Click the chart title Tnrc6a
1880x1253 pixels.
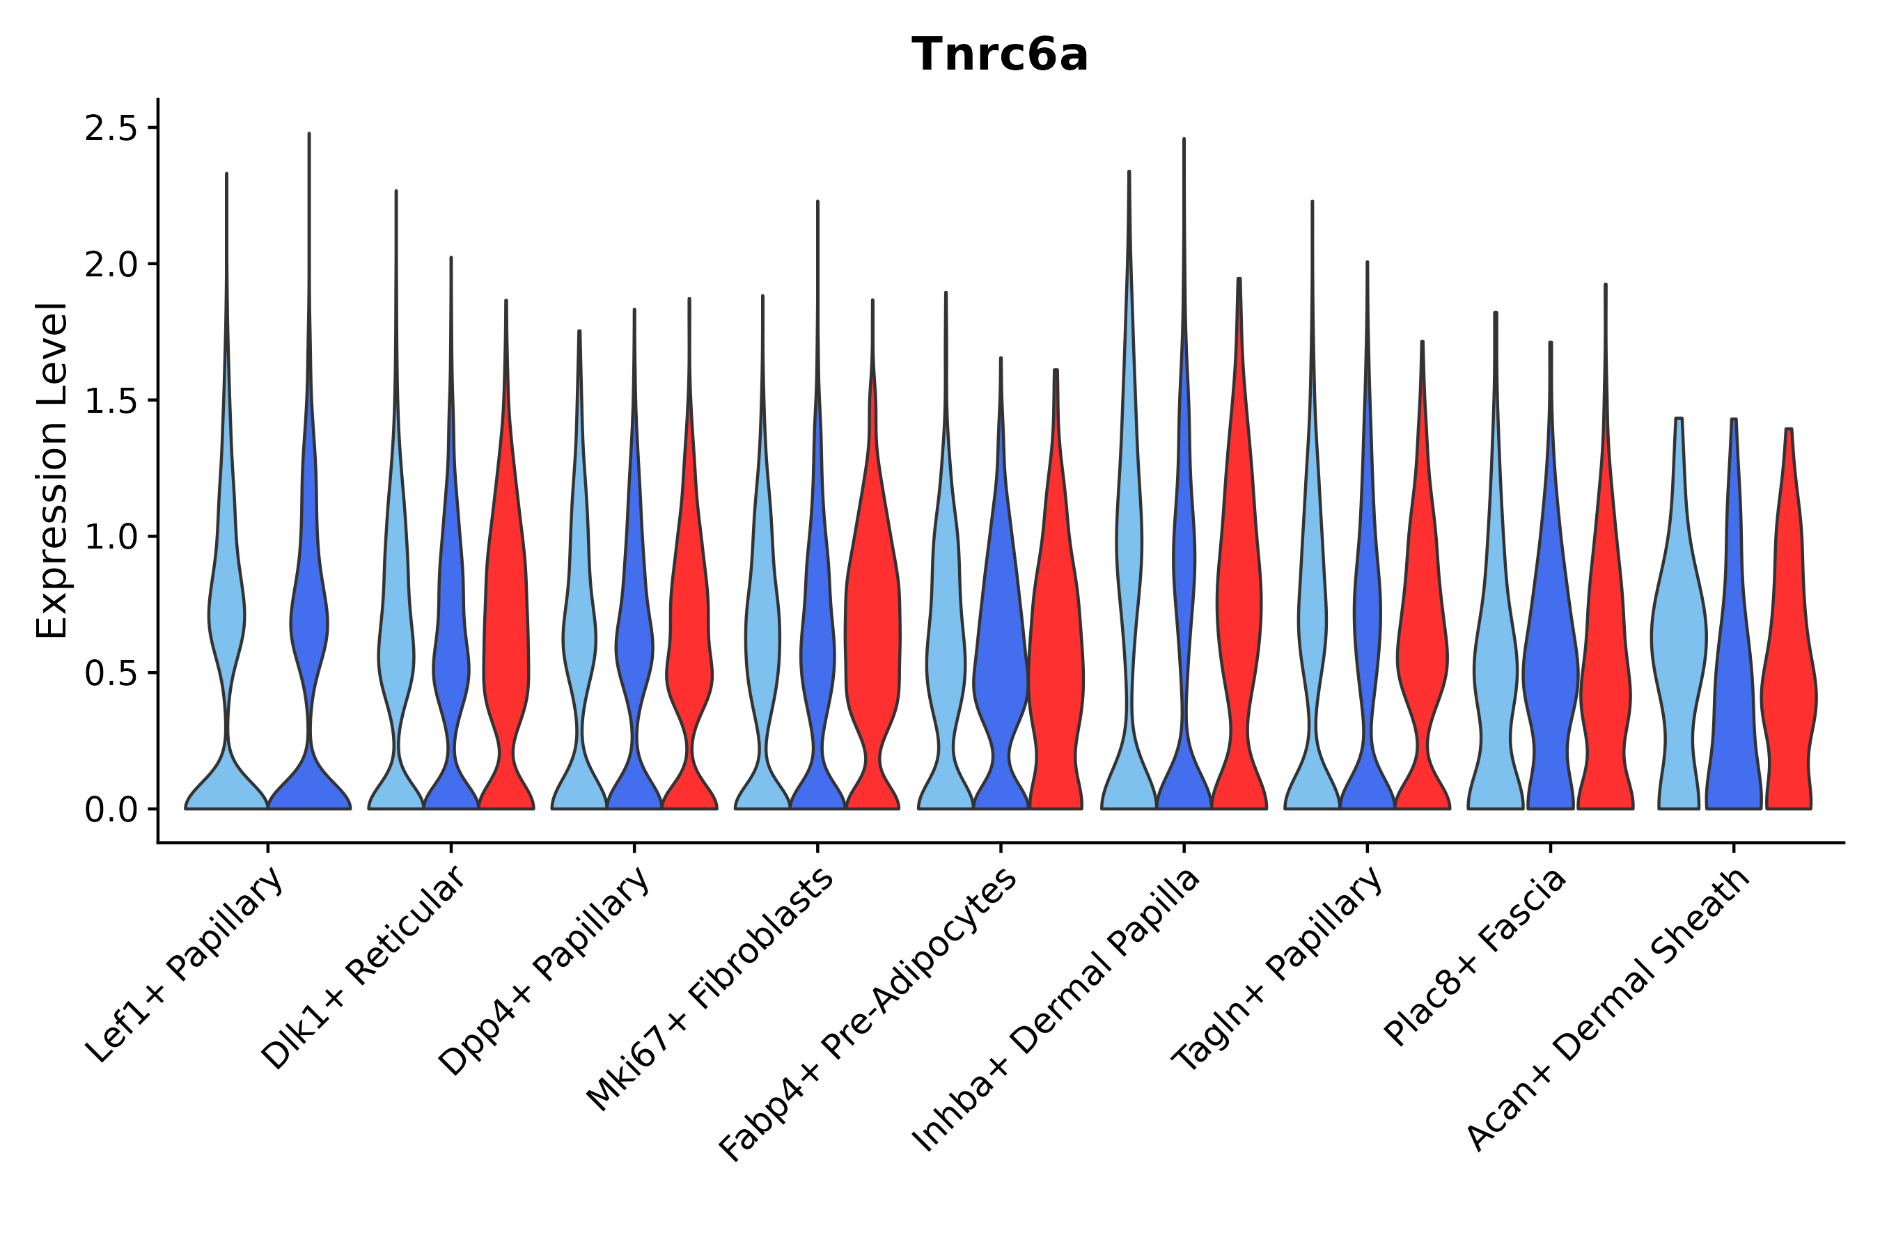pyautogui.click(x=999, y=56)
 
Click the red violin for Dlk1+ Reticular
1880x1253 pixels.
pyautogui.click(x=506, y=639)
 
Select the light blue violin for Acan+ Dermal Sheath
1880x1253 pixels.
pyautogui.click(x=1679, y=639)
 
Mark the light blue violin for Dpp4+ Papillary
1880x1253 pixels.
pyautogui.click(x=579, y=639)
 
